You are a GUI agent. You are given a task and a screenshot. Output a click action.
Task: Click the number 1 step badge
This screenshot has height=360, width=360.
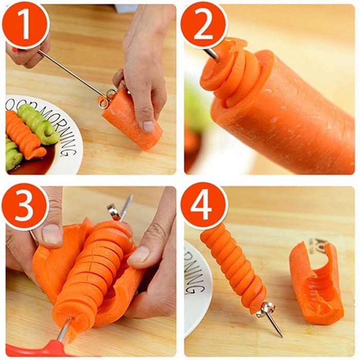coord(25,24)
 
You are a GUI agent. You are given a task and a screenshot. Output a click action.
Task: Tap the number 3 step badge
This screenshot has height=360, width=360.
coord(25,206)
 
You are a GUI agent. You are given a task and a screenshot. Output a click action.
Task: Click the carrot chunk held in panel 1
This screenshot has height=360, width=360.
coord(131,118)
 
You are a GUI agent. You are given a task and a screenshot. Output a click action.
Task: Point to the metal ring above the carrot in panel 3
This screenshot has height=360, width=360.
coord(115,211)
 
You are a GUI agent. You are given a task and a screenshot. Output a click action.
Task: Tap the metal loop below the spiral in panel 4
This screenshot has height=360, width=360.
coord(267,309)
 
